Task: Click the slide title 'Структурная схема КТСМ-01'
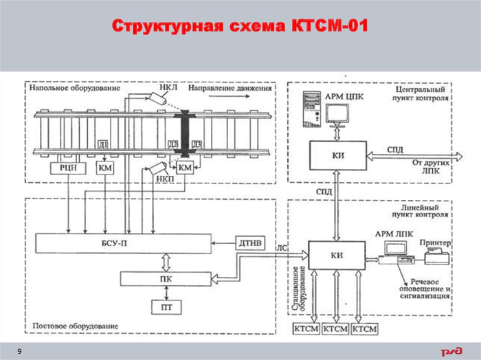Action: click(240, 27)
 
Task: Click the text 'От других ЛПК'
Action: click(432, 167)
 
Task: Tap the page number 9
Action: click(19, 352)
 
